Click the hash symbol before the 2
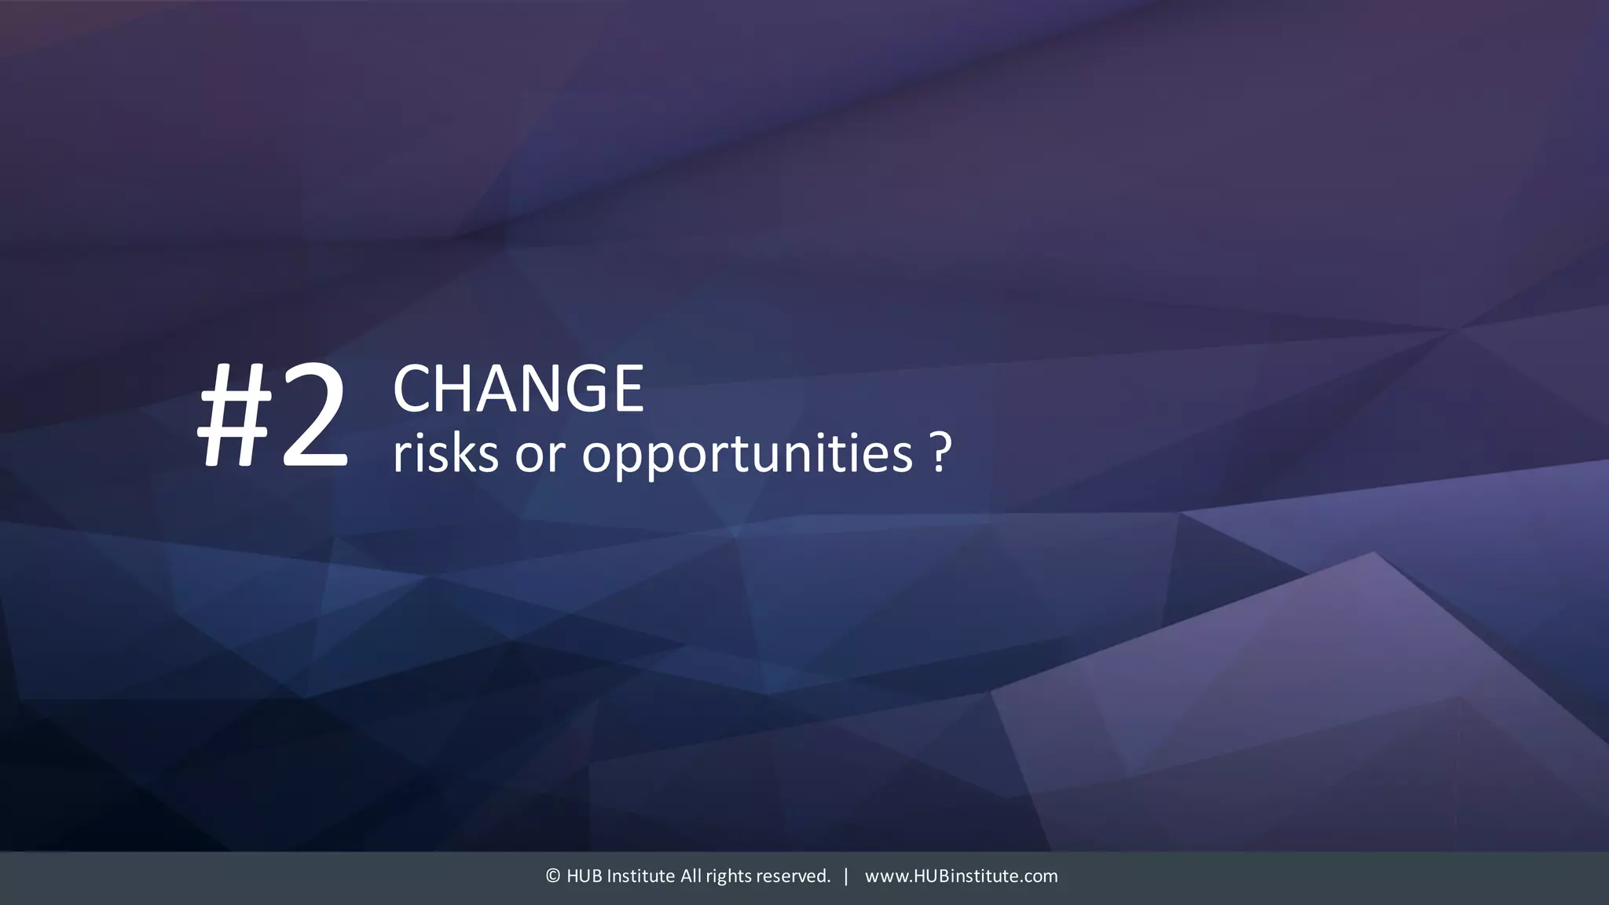click(x=234, y=416)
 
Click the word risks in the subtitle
click(x=445, y=453)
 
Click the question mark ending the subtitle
click(x=941, y=452)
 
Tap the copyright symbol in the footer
click(x=553, y=876)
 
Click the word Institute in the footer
click(x=641, y=876)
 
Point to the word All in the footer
click(x=691, y=876)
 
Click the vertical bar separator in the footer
click(x=846, y=876)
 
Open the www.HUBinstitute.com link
click(x=961, y=876)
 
